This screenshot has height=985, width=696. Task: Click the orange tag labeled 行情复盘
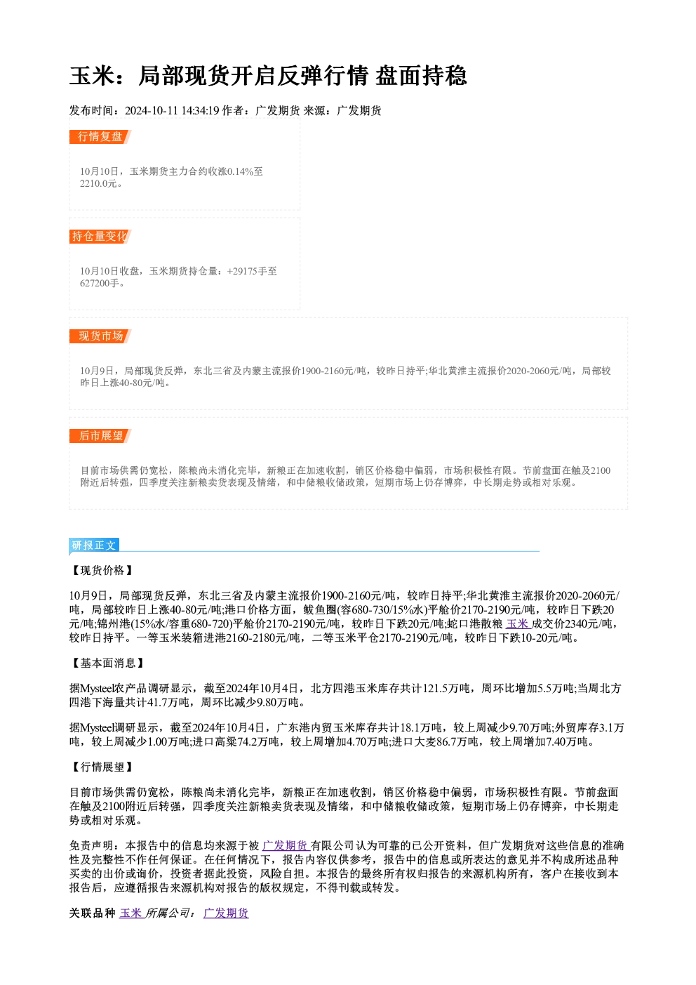[x=100, y=137]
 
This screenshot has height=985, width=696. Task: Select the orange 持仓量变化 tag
[x=100, y=237]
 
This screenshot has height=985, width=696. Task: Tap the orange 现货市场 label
[x=100, y=336]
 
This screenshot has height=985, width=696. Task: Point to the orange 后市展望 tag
[x=100, y=436]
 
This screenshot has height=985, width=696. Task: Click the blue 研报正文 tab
[x=94, y=546]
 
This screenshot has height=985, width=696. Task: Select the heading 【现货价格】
[x=102, y=570]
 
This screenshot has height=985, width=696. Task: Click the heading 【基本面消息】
[x=107, y=663]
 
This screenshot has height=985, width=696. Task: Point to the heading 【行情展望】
[x=102, y=767]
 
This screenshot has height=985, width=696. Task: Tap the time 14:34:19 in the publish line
[x=200, y=110]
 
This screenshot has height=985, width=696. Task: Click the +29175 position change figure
[x=242, y=271]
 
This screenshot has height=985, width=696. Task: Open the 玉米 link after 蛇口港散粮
[x=518, y=624]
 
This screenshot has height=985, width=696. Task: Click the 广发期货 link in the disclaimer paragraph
[x=286, y=845]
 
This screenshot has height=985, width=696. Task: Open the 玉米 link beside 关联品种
[x=132, y=913]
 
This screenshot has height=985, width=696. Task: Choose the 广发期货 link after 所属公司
[x=226, y=913]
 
